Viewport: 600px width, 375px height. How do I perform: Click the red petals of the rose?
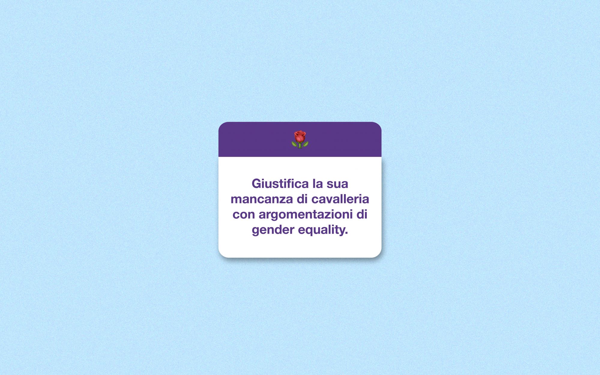tap(300, 136)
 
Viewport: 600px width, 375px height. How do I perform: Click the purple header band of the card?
tap(300, 139)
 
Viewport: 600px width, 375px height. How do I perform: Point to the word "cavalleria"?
tap(340, 199)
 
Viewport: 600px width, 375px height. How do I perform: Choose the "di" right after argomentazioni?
tap(362, 214)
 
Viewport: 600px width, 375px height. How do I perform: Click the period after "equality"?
tap(346, 234)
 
